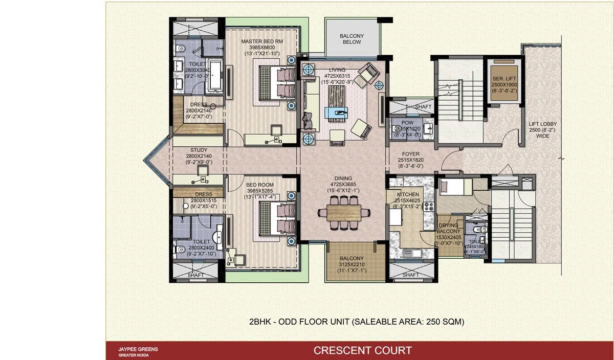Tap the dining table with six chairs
coord(343,211)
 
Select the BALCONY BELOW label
coord(351,39)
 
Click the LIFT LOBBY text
coord(542,124)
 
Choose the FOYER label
coord(410,154)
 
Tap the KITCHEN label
coord(408,195)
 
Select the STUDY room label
coord(196,150)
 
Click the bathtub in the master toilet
coord(215,75)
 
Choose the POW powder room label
coord(408,123)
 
